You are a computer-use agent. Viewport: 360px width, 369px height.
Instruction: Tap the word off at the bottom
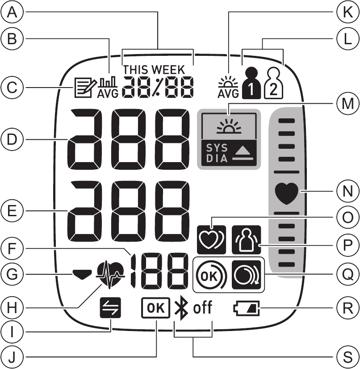[202, 308]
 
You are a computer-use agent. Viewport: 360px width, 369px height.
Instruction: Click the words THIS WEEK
[154, 70]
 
